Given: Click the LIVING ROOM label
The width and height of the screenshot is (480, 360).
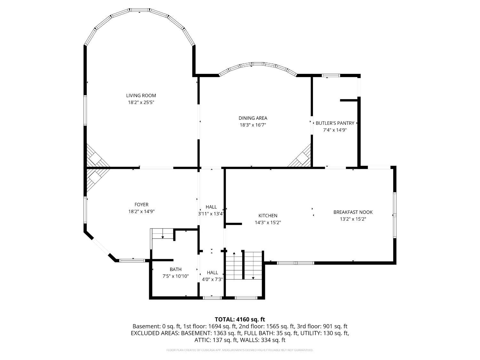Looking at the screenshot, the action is (x=141, y=95).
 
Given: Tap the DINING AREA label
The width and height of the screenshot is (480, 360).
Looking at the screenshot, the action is (x=253, y=118).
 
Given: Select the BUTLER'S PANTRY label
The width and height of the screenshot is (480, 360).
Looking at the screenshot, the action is (x=335, y=123).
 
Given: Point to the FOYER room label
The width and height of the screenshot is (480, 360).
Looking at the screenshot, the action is (x=141, y=204).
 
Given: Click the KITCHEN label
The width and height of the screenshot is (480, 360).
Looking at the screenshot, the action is (x=268, y=215).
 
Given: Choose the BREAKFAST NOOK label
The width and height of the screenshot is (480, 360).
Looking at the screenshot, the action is (x=353, y=212).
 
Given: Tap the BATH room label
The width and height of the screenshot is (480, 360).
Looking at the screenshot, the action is (x=176, y=269).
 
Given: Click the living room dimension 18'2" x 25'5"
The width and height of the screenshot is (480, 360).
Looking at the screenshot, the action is (x=141, y=102).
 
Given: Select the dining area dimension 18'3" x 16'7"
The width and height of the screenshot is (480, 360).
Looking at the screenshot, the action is (x=253, y=125).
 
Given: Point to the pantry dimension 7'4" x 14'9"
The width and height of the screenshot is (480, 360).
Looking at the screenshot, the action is (x=335, y=130).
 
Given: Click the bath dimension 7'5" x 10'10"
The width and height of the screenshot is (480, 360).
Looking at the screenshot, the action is (x=176, y=276).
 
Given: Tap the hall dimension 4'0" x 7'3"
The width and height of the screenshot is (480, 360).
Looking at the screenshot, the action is (x=212, y=279).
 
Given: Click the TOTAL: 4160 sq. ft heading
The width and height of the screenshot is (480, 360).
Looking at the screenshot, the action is (x=240, y=319).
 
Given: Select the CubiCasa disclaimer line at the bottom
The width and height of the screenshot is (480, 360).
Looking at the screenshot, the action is (x=240, y=350).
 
